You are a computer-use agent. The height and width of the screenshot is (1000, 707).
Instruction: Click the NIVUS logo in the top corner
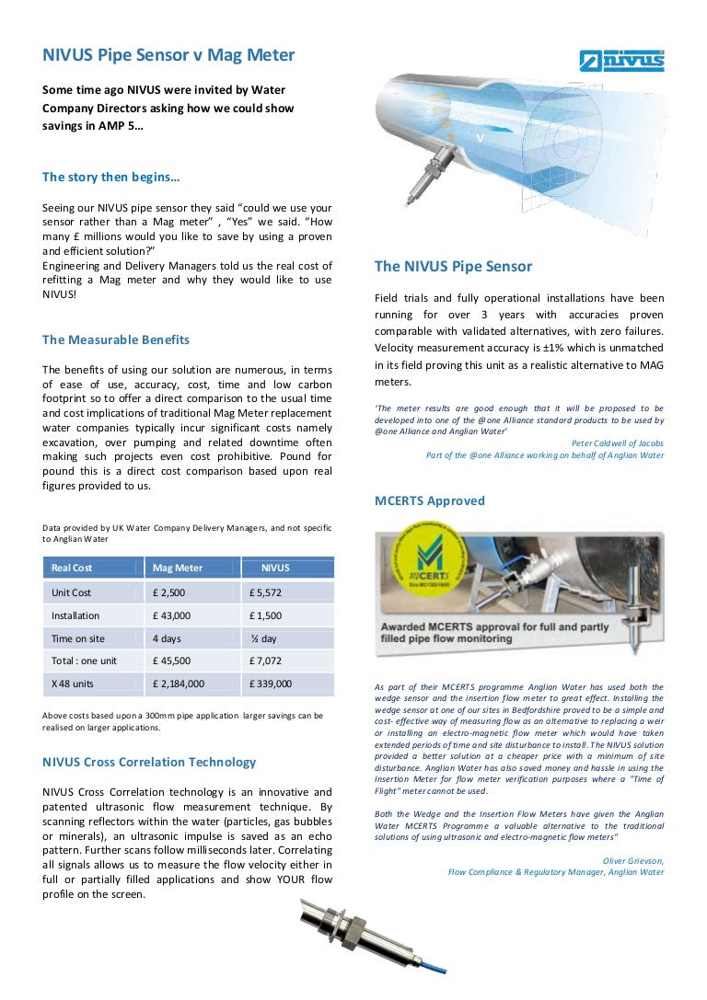point(621,61)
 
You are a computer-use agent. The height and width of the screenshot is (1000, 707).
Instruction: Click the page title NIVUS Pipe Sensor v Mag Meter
point(168,55)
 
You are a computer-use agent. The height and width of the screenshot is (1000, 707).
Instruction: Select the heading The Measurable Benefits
point(116,339)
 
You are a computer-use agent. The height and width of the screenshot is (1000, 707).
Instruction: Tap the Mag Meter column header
point(178,568)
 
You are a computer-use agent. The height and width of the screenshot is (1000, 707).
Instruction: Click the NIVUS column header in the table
point(275,568)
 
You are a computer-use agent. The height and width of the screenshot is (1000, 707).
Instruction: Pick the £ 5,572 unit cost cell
point(265,593)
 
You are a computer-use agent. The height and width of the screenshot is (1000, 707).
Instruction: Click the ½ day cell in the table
point(263,638)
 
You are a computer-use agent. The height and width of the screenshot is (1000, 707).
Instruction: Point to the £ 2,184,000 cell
point(179,684)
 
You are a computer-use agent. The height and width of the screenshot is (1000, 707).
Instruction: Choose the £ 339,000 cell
point(270,684)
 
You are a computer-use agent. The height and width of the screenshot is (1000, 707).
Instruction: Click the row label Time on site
point(78,638)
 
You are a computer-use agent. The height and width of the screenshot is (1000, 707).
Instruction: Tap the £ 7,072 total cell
point(265,661)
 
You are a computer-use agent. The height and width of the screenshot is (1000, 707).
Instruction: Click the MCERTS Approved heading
point(429,501)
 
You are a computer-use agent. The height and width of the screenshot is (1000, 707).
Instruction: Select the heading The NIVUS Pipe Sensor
point(453,267)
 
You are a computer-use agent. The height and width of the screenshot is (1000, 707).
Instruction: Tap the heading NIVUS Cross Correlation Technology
point(149,762)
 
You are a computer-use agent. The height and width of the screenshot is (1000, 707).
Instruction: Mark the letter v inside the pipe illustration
point(480,139)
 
